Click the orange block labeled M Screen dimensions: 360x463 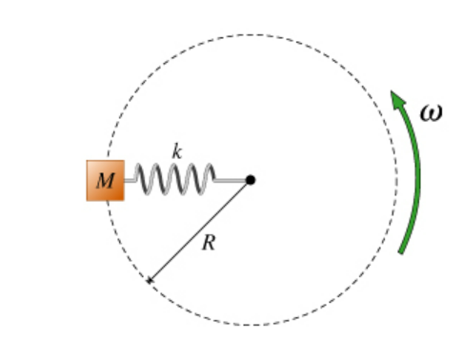tap(105, 180)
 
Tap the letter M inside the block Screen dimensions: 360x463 tap(105, 181)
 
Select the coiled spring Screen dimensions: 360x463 tap(174, 178)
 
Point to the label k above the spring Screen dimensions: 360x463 tap(176, 151)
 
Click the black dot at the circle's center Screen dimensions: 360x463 tap(251, 179)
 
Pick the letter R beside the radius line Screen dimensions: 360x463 tap(209, 243)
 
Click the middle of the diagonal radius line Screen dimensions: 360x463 tap(199, 230)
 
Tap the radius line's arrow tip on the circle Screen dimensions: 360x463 tap(148, 282)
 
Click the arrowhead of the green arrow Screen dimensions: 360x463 tap(395, 97)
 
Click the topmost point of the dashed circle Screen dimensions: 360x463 tap(251, 35)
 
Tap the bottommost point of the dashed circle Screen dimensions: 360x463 tap(251, 325)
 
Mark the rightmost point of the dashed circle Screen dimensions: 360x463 tap(395, 180)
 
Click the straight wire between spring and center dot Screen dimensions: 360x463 tap(231, 179)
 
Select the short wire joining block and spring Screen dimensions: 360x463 tap(130, 179)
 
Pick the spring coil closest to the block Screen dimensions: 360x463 tap(142, 178)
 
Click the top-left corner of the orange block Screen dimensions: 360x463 tap(88, 162)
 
